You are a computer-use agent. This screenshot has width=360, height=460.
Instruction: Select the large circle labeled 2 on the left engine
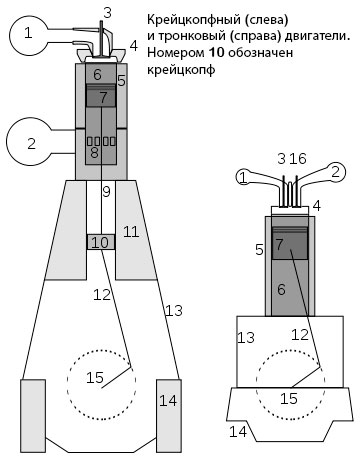pyautogui.click(x=33, y=143)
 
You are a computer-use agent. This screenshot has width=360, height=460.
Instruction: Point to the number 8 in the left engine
pyautogui.click(x=94, y=154)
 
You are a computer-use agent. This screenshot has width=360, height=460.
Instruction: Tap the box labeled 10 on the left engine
pyautogui.click(x=101, y=242)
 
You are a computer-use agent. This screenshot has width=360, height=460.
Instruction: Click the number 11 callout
pyautogui.click(x=130, y=232)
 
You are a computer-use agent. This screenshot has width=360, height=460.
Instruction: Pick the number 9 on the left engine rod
pyautogui.click(x=104, y=191)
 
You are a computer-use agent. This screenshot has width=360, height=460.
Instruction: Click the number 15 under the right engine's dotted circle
pyautogui.click(x=288, y=398)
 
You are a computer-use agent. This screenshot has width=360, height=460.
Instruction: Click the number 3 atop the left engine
pyautogui.click(x=107, y=11)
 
